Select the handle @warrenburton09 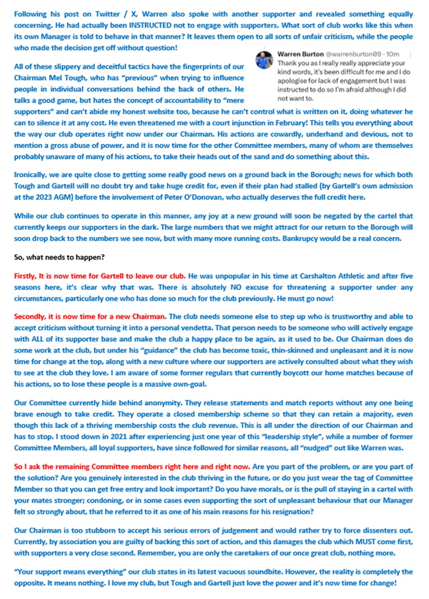[x=350, y=55]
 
